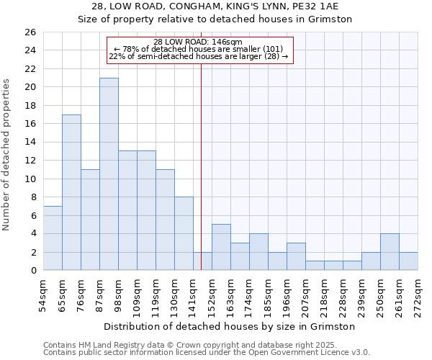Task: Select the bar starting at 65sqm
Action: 71,192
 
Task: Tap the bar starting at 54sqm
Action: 53,238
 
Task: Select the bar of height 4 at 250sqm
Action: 390,251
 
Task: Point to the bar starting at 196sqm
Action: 296,256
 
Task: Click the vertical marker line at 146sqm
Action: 201,166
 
